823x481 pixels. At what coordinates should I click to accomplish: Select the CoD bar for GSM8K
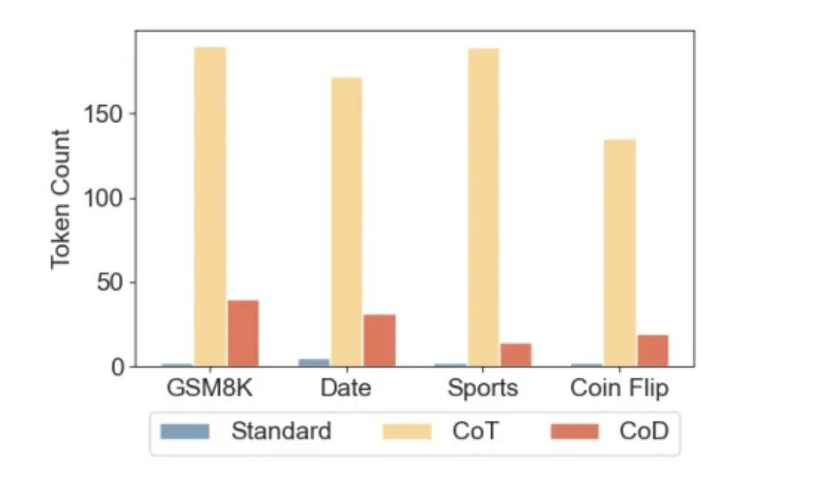(x=242, y=333)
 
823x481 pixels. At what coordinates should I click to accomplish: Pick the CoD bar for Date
(x=379, y=340)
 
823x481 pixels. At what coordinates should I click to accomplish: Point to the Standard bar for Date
(x=313, y=362)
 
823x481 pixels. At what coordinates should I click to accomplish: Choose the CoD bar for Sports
(x=516, y=354)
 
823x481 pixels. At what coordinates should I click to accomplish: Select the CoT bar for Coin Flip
(x=620, y=252)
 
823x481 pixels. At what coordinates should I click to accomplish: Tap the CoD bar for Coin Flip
(x=652, y=351)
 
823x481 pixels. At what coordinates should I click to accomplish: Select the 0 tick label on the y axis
(x=117, y=367)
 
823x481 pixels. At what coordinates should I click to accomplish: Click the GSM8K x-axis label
(x=209, y=388)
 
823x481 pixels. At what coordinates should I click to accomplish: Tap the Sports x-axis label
(x=483, y=388)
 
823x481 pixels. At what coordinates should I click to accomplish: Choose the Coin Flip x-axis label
(x=619, y=388)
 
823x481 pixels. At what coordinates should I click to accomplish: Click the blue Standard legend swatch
(x=185, y=431)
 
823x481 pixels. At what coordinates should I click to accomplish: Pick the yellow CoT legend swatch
(x=407, y=431)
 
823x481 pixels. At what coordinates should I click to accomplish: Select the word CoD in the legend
(x=643, y=431)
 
